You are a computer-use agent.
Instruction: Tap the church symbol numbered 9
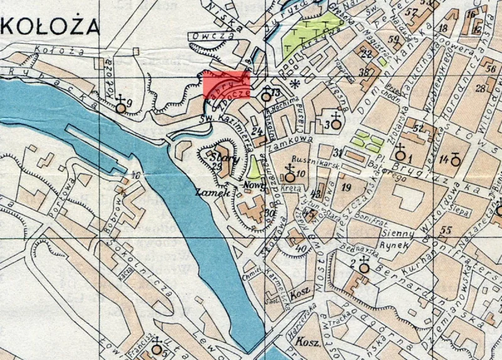tap(120, 107)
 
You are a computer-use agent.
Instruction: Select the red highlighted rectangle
tap(227, 84)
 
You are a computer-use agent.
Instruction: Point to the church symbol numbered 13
tap(266, 96)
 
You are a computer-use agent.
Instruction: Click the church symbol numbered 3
tap(336, 123)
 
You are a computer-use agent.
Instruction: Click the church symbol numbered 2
tap(363, 266)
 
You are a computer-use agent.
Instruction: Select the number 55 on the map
tap(447, 230)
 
